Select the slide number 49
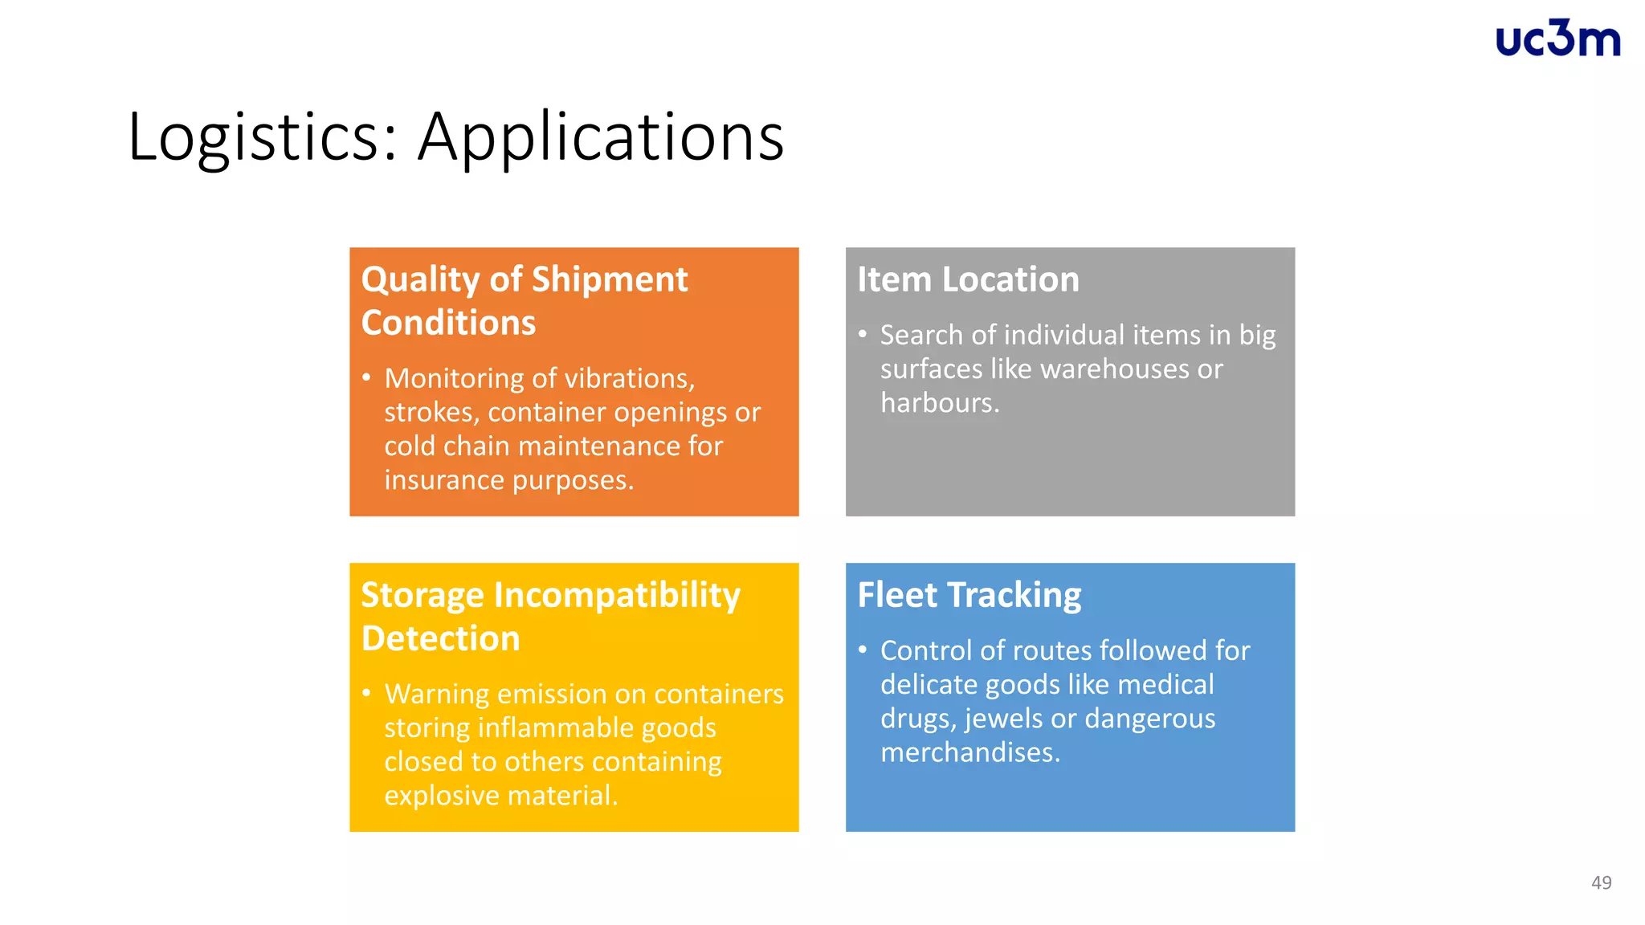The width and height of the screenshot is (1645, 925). coord(1601,882)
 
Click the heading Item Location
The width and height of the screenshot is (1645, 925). coord(968,279)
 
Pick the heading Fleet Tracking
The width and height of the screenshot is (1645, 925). coord(969,595)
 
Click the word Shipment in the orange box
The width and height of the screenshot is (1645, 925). coord(609,279)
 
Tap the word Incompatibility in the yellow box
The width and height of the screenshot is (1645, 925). coord(617,595)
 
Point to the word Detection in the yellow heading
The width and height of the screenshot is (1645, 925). coord(440,638)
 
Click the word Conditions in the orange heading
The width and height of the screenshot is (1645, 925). coord(448,323)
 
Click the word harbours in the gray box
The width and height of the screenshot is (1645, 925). coord(939,402)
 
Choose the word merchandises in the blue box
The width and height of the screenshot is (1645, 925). coord(969,752)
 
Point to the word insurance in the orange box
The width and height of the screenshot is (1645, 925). coord(444,479)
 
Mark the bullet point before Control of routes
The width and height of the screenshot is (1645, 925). coord(863,650)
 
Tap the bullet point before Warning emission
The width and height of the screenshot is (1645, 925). coord(366,693)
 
